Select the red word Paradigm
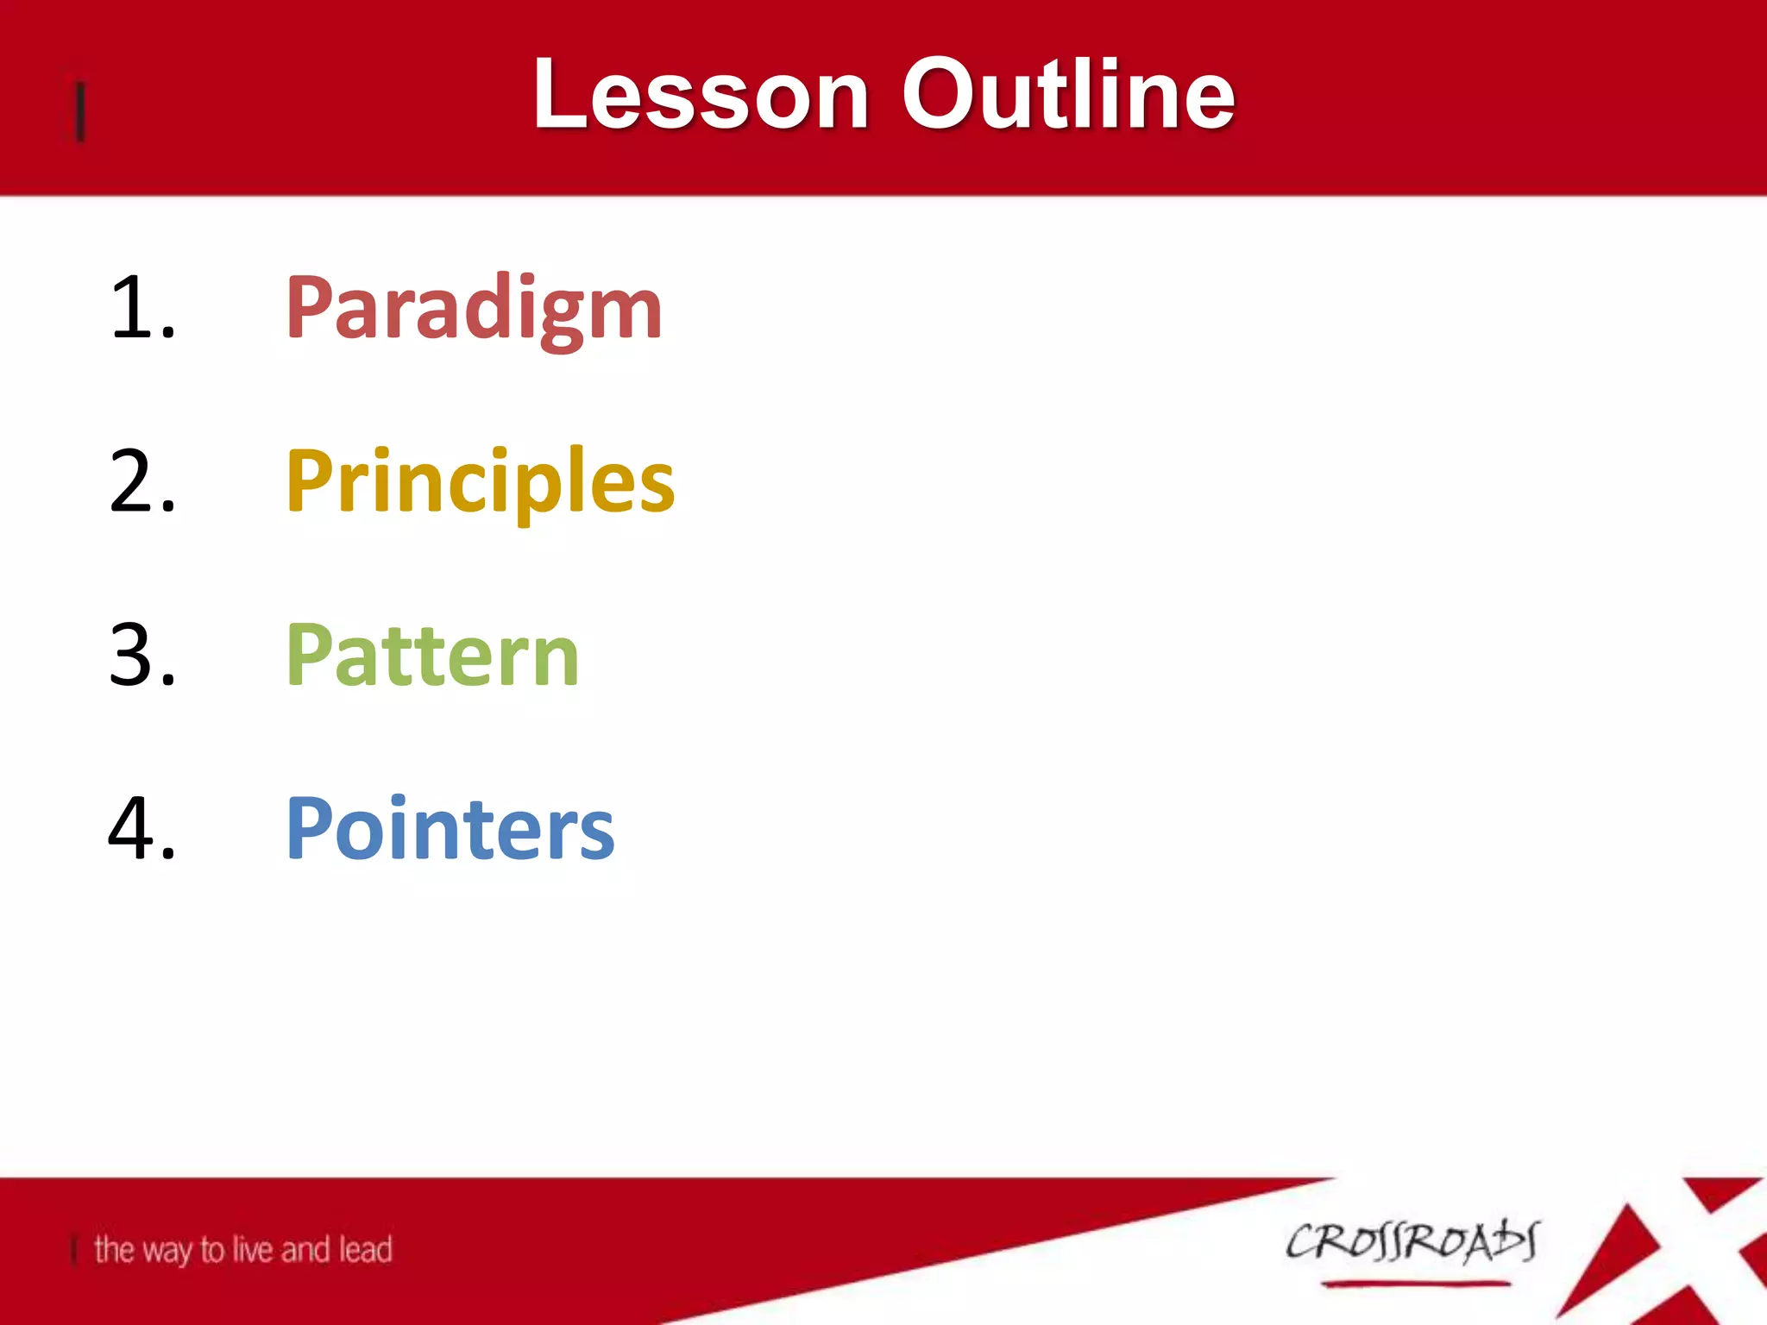(474, 309)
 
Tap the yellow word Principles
(480, 481)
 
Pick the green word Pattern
(432, 656)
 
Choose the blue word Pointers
(450, 828)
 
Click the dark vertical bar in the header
(80, 110)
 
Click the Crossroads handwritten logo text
(1412, 1242)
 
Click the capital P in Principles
(309, 481)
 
